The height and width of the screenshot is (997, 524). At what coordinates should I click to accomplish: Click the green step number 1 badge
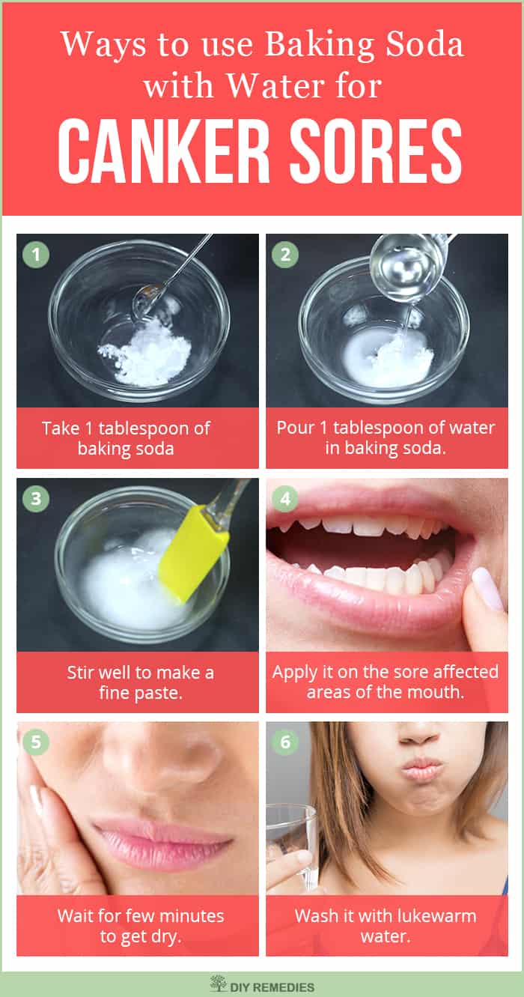[x=36, y=255]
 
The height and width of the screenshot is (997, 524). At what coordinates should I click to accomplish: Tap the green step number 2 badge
[x=285, y=255]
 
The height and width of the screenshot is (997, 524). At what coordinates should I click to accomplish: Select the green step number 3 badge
[x=36, y=499]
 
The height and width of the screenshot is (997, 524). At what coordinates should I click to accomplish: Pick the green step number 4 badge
[x=285, y=499]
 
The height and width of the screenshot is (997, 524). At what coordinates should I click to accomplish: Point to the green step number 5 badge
[x=36, y=742]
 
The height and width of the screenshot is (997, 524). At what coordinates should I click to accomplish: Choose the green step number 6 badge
[x=285, y=742]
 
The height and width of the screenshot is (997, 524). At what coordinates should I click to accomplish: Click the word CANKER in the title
[x=164, y=151]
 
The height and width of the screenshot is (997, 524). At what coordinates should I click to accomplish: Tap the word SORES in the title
[x=376, y=151]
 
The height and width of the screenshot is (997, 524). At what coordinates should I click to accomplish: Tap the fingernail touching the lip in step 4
[x=487, y=588]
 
